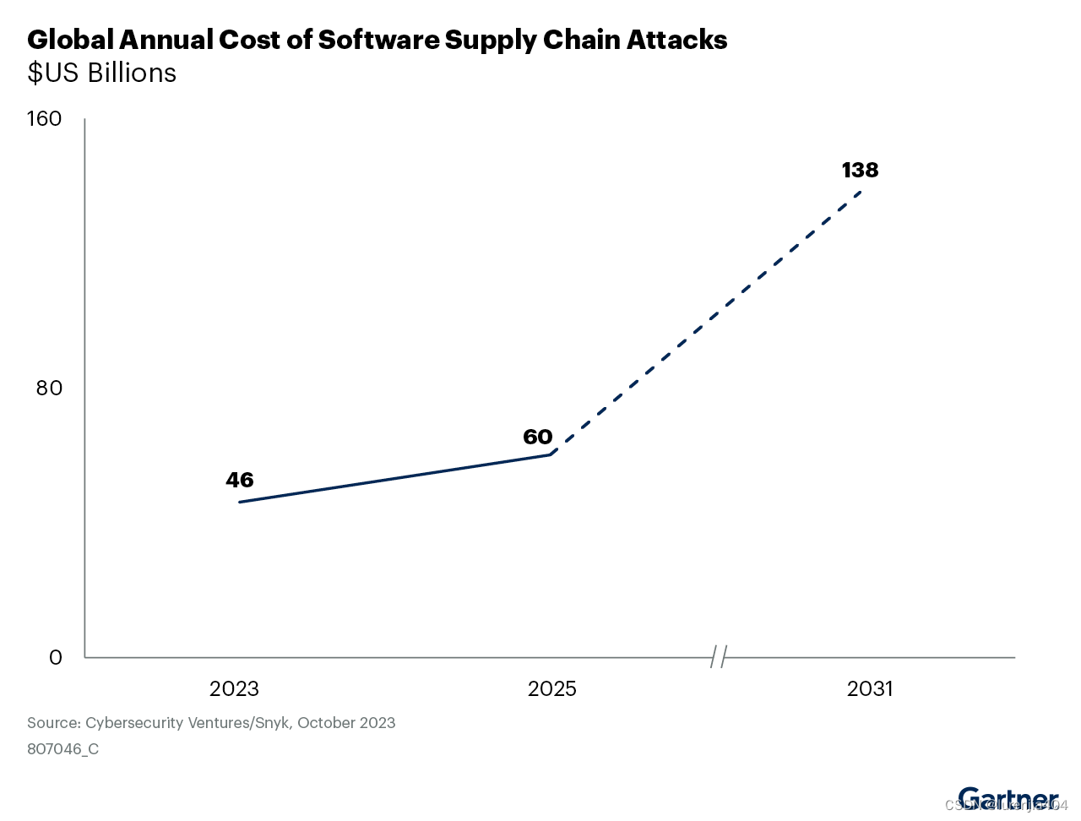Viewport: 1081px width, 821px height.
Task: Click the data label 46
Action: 240,480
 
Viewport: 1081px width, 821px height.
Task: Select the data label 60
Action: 537,437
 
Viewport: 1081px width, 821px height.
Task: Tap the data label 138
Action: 860,170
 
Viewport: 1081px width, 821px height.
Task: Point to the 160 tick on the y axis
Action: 45,118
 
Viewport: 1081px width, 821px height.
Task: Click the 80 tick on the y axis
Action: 49,388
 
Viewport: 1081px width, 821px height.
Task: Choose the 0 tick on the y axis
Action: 56,657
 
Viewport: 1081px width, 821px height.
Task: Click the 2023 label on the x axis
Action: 234,688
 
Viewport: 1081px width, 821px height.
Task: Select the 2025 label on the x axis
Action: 551,688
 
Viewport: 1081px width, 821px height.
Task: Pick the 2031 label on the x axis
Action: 870,688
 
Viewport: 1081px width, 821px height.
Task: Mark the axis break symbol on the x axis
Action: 719,656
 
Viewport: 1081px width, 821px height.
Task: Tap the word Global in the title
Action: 70,40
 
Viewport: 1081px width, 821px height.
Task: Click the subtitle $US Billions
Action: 101,73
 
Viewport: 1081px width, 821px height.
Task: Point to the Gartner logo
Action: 1008,798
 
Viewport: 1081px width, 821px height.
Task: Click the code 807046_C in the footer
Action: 62,749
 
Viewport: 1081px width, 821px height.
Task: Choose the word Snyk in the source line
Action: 270,723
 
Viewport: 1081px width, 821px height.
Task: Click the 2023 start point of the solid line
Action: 240,503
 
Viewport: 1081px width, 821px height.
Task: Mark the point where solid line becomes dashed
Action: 551,454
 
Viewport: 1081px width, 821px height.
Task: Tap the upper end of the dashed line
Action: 861,191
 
